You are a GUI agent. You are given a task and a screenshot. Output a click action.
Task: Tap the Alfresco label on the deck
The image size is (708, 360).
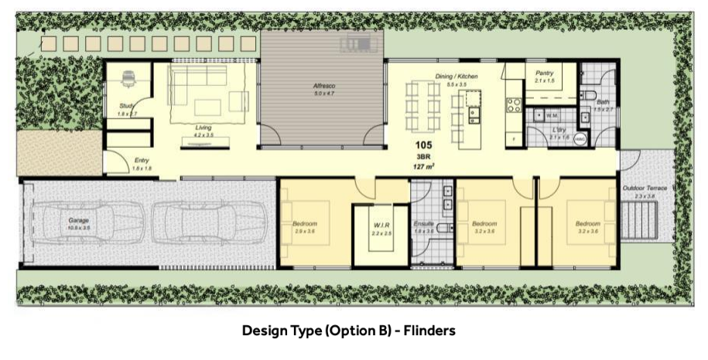[x=323, y=85]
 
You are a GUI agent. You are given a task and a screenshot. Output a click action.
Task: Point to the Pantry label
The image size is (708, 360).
[x=545, y=72]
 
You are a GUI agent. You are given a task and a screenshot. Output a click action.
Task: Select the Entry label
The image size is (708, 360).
[x=141, y=160]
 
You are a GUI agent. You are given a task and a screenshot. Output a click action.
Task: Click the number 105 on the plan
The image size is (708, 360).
[x=422, y=146]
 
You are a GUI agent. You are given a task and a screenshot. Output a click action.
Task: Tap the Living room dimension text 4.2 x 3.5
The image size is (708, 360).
[x=204, y=135]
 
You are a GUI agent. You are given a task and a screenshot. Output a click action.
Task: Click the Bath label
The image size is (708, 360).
[x=603, y=102]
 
